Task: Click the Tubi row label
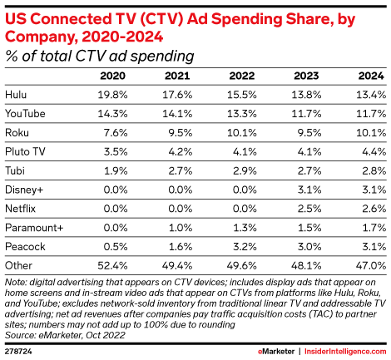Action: pos(16,169)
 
